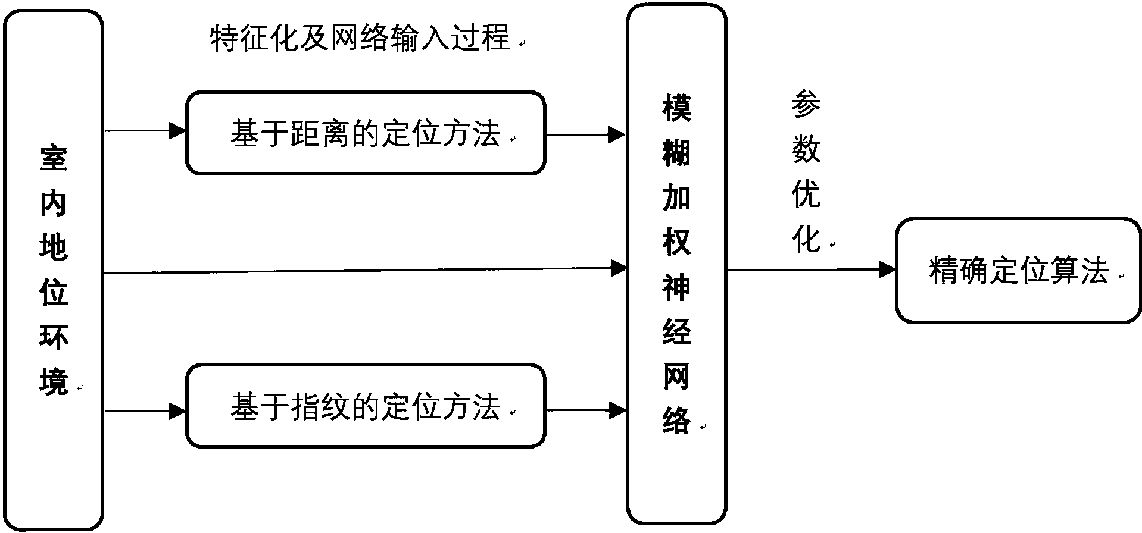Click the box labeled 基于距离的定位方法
[365, 133]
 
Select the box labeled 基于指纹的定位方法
[365, 407]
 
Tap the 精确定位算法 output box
[1018, 271]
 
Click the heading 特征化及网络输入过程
[360, 39]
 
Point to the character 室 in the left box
[54, 158]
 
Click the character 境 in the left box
[54, 381]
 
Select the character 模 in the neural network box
[677, 108]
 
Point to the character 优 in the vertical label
[806, 195]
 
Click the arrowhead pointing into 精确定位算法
[887, 269]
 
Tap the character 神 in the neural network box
[677, 286]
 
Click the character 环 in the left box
[54, 337]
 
